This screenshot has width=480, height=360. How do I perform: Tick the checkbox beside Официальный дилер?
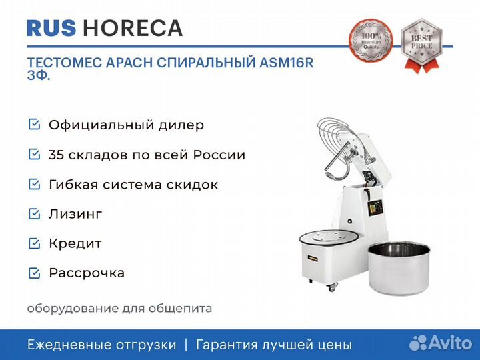pos(34,125)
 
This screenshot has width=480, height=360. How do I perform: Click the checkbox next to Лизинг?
pos(34,214)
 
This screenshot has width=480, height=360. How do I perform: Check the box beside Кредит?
pos(34,243)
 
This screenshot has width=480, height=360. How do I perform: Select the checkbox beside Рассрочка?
pos(34,273)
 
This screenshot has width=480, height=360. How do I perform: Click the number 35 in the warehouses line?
pos(57,155)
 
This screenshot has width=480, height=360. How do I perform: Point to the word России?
pos(219,155)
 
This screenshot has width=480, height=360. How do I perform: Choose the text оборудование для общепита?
pos(119,308)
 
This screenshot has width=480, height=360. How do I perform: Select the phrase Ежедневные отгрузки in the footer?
pos(102,345)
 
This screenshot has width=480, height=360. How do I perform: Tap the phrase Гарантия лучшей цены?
pos(273,345)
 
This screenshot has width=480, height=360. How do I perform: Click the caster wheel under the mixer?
pos(331,288)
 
